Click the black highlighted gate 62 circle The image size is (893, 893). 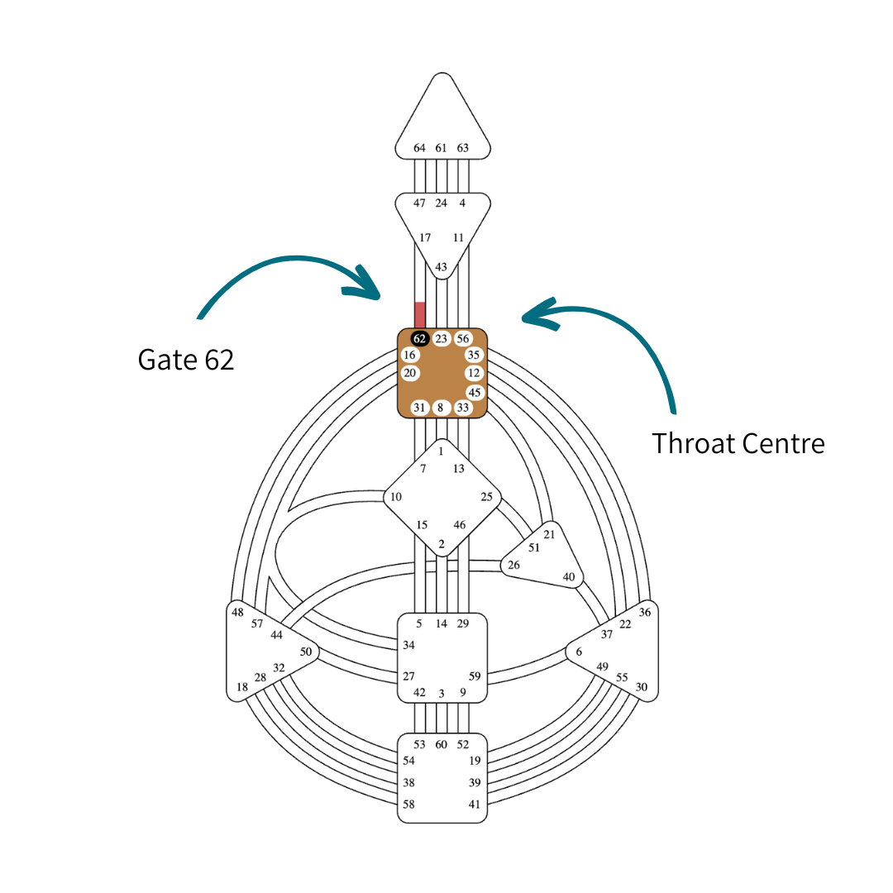(x=419, y=338)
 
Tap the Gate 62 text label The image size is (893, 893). (x=186, y=359)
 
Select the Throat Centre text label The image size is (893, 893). (x=738, y=443)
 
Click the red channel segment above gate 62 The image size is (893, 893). (x=420, y=315)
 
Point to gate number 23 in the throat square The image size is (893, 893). (x=442, y=338)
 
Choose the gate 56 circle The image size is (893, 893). (x=463, y=338)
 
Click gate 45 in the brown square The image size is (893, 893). (x=474, y=392)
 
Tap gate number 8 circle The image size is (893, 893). (x=441, y=407)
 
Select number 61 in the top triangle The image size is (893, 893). (x=441, y=148)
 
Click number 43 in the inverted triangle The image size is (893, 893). (x=441, y=267)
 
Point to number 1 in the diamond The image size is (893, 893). (x=441, y=451)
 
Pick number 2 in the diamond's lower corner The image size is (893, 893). (x=442, y=544)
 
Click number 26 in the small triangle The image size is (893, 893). (x=513, y=566)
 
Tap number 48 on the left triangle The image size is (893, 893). (x=238, y=613)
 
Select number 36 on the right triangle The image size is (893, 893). (x=645, y=613)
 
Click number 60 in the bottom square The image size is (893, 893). (x=441, y=744)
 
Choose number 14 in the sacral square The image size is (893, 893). (x=441, y=623)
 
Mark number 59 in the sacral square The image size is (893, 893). (x=475, y=676)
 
